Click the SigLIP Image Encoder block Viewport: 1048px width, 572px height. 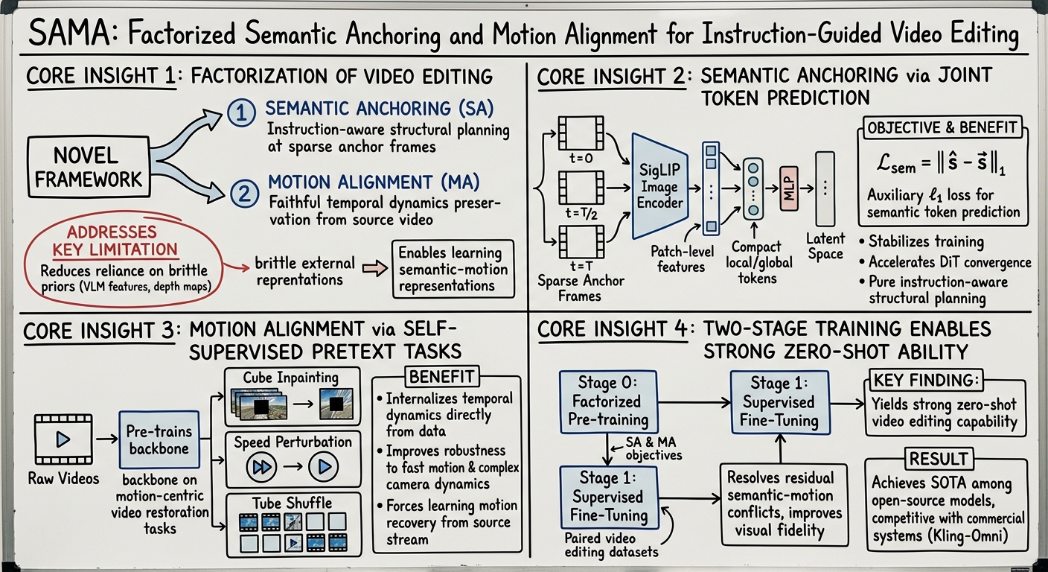coord(659,186)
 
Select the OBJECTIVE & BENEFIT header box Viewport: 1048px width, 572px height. coord(942,128)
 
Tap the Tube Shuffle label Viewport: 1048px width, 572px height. coord(293,503)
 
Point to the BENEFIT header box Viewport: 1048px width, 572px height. coord(441,375)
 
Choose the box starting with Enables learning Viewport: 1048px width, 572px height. coord(453,269)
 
